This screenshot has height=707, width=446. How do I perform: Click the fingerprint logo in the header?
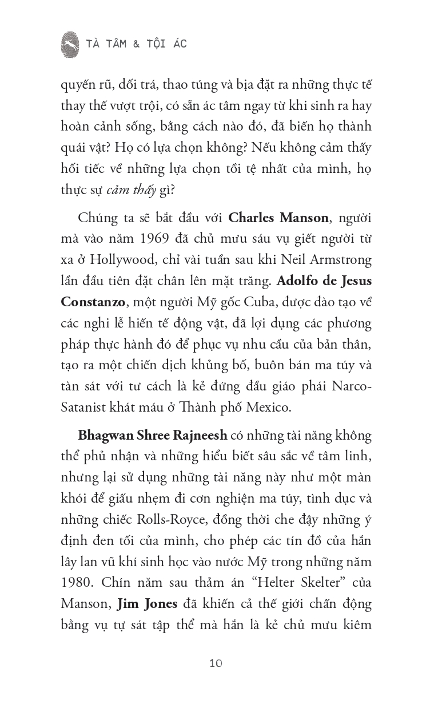point(70,44)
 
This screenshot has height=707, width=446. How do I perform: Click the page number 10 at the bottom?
point(216,663)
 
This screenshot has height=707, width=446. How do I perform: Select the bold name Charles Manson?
point(278,218)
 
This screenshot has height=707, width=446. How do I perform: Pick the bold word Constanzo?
point(95,302)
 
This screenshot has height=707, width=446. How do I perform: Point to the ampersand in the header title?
point(136,44)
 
